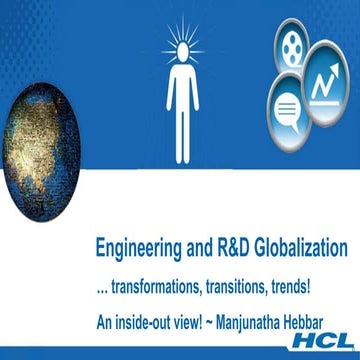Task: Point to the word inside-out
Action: click(x=142, y=323)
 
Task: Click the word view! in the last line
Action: click(x=189, y=323)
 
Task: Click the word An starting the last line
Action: click(x=105, y=323)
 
